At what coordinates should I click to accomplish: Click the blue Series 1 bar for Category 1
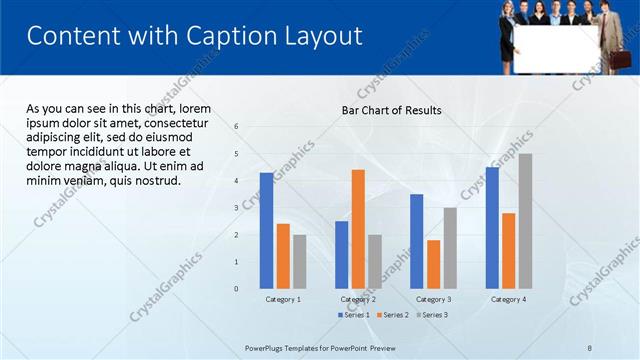coord(266,231)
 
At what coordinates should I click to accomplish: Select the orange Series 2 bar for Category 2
coord(358,229)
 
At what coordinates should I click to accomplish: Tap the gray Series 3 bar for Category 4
coord(525,221)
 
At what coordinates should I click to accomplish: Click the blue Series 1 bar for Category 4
coord(492,228)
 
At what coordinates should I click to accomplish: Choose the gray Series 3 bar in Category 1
coord(300,262)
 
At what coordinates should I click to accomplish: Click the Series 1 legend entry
coord(354,315)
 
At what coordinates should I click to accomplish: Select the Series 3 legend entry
coord(431,315)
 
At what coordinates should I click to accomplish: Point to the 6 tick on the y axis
coord(236,127)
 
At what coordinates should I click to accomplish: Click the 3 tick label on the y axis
coord(236,208)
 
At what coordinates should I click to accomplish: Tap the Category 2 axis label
coord(358,299)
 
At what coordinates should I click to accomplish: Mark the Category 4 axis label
coord(508,299)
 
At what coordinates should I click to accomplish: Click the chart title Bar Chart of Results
coord(391,110)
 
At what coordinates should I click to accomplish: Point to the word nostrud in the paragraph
coord(158,181)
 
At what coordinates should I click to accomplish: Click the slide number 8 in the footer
coord(590,347)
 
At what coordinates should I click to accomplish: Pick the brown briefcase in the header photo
coord(612,55)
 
